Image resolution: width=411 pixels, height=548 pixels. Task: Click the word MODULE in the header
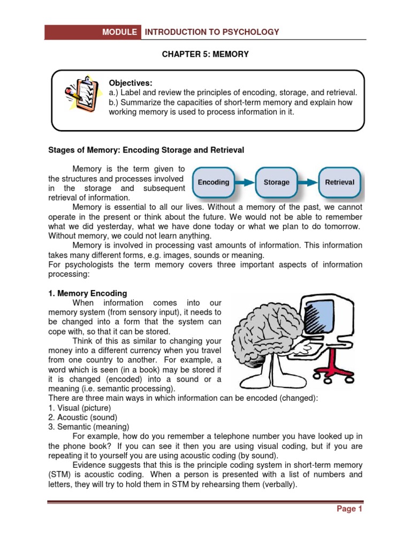[x=120, y=32]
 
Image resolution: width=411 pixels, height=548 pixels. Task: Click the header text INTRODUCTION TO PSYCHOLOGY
[x=212, y=32]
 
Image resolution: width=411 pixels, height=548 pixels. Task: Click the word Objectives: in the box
[x=131, y=83]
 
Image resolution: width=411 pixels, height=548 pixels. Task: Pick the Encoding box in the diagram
[x=214, y=182]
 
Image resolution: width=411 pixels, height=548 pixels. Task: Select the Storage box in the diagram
[x=276, y=182]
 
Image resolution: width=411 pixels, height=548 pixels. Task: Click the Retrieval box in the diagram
[x=340, y=182]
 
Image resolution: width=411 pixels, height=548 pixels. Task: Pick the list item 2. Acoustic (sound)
[x=82, y=417]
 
